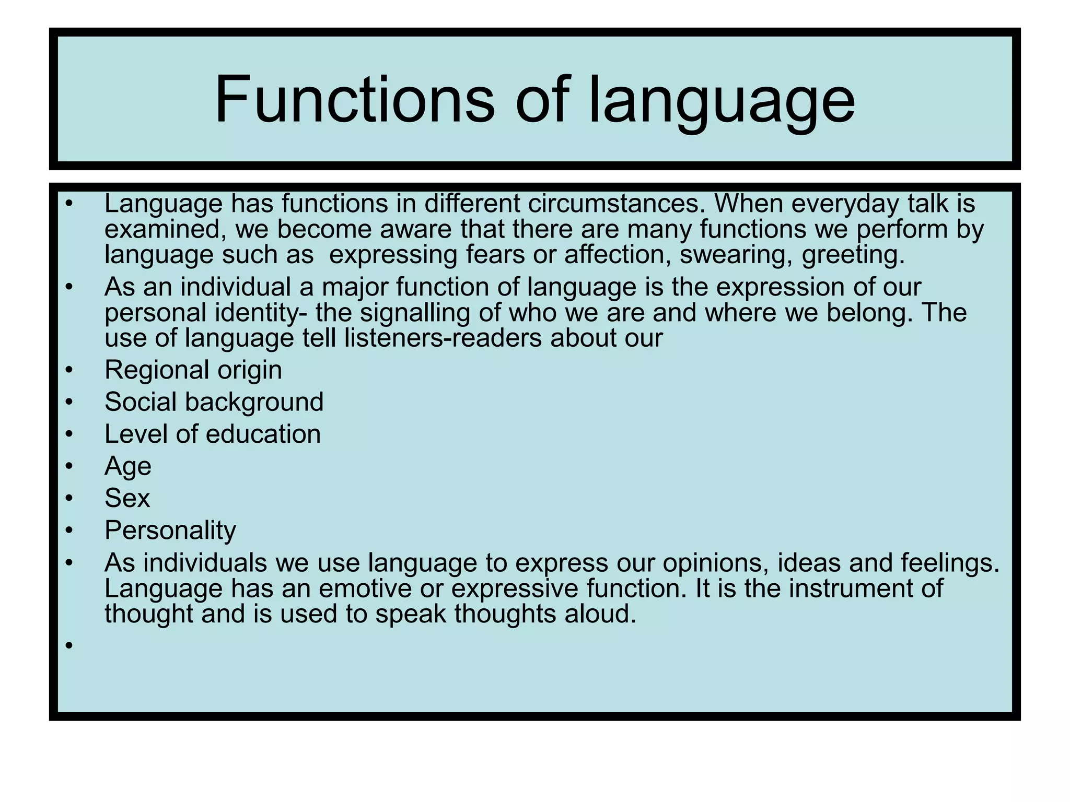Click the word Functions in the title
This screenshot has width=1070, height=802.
click(354, 99)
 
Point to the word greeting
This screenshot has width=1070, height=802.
click(853, 255)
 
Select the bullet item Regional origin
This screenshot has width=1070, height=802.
click(193, 371)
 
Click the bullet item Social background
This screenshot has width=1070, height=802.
click(214, 403)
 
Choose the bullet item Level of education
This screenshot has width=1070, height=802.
click(212, 434)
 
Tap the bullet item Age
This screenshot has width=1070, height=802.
click(127, 467)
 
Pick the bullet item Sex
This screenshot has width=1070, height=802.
click(127, 498)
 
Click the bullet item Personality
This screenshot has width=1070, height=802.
click(170, 531)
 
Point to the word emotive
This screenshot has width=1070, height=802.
click(365, 588)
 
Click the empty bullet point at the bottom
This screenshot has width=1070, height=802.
click(68, 646)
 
